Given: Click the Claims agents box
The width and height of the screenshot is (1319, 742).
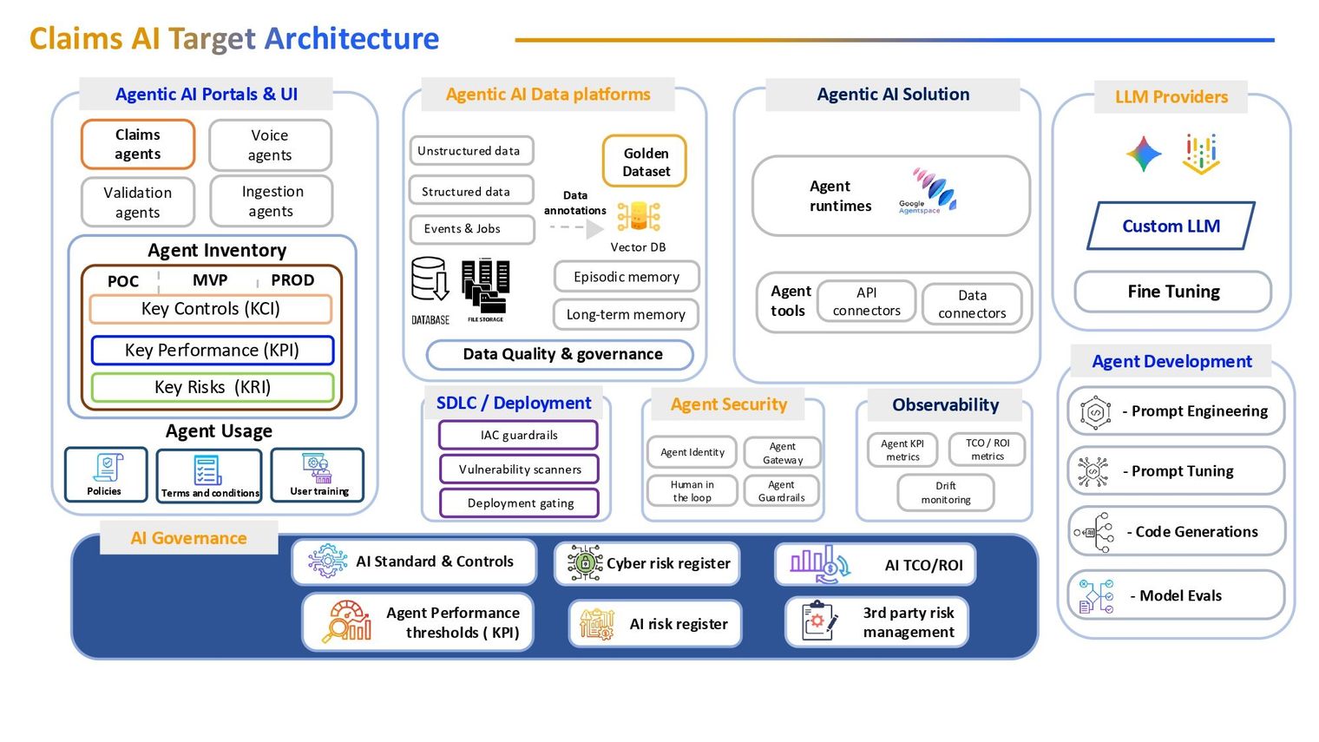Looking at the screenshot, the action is click(x=138, y=144).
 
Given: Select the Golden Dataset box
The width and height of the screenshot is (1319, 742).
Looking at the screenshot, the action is click(x=645, y=161).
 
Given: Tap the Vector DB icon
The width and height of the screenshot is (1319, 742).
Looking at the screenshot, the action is click(x=639, y=217).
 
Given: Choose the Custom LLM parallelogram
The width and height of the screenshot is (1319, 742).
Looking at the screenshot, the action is click(x=1171, y=227).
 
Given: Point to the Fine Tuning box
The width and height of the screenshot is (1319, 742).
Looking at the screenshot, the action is click(x=1173, y=292).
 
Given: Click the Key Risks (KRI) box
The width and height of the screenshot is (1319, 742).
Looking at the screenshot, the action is click(x=213, y=387).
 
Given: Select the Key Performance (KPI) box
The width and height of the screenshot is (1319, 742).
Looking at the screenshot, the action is click(x=213, y=351).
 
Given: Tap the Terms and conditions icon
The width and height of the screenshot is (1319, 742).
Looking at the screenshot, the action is click(x=207, y=470).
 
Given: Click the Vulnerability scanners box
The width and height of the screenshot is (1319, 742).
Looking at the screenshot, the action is click(x=519, y=469).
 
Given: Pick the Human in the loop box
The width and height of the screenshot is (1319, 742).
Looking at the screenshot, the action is click(x=692, y=491).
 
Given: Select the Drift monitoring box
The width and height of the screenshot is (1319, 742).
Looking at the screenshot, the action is click(x=946, y=493).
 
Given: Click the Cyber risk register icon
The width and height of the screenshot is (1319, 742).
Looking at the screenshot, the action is click(x=584, y=562).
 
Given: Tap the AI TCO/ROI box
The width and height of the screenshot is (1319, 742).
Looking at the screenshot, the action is click(x=875, y=564).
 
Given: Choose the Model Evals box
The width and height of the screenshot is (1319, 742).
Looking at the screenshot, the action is click(x=1176, y=595).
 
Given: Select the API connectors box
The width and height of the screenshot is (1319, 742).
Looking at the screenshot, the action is click(x=866, y=301).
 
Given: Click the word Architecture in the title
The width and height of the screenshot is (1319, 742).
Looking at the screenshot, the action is click(x=351, y=39).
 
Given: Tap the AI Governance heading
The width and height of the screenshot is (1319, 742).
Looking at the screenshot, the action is click(x=188, y=538).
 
